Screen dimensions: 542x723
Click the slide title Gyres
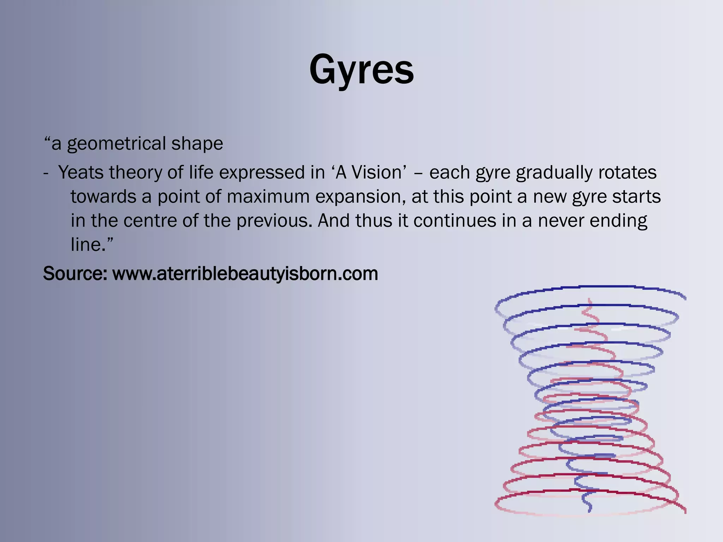(x=361, y=70)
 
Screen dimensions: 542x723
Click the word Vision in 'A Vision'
(x=377, y=173)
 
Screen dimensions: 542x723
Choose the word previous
(x=274, y=221)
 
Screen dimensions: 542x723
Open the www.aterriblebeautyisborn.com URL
(x=245, y=273)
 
